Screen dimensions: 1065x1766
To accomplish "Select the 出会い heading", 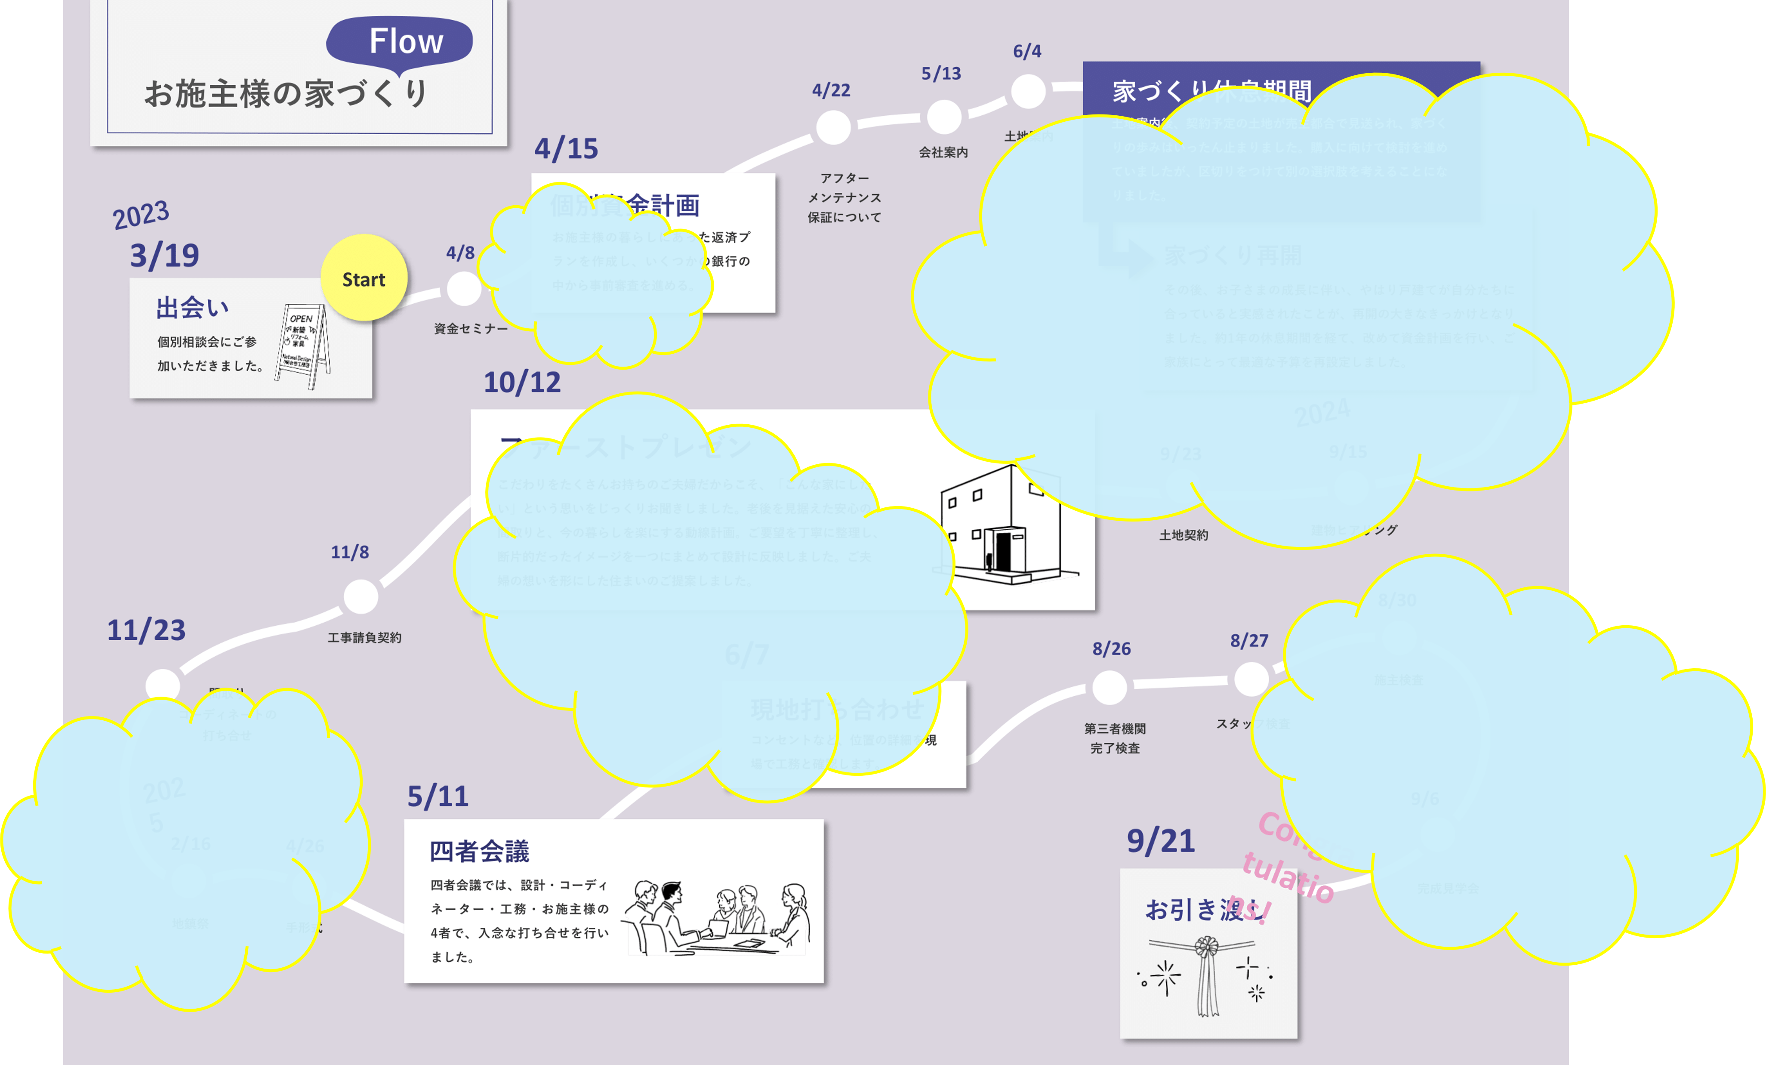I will coord(192,308).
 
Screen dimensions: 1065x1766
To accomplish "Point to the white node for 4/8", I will coord(464,289).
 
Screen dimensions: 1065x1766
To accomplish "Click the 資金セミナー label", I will coord(470,329).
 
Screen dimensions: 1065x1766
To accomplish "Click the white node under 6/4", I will coord(1028,92).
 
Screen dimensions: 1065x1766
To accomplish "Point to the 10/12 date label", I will coord(522,383).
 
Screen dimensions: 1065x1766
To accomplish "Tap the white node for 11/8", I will coord(361,597).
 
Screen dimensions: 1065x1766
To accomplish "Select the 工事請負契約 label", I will coord(364,638).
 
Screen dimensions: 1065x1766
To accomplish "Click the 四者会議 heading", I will coord(479,852).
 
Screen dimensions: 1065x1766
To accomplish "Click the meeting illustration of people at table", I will coord(717,917).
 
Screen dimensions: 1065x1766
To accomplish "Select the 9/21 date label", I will coord(1160,841).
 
